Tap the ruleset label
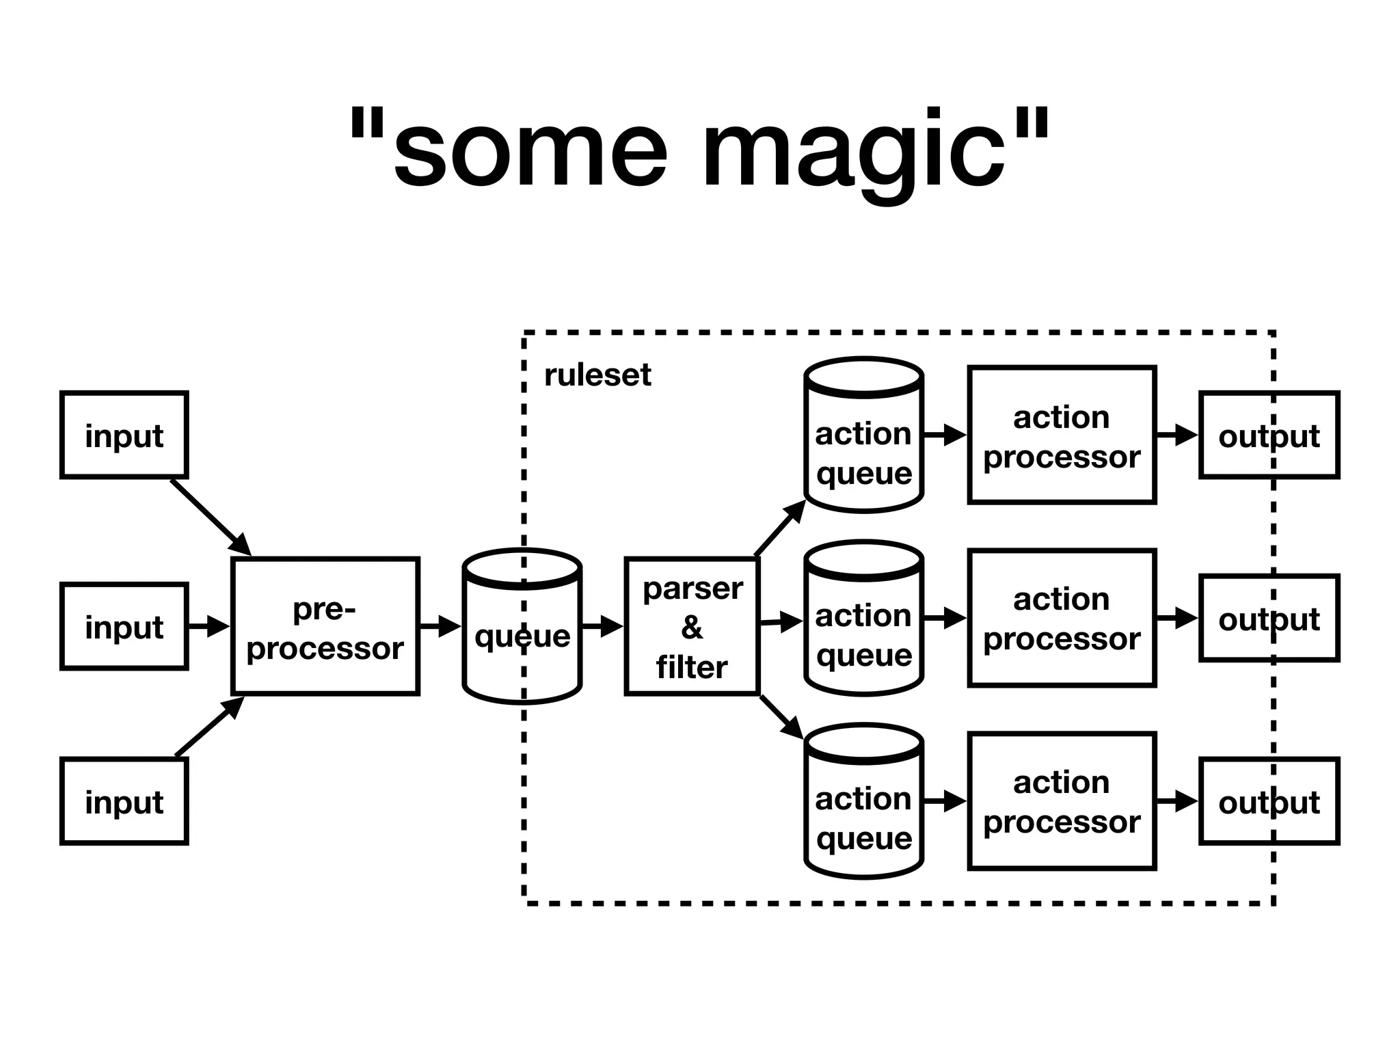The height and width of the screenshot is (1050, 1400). point(597,375)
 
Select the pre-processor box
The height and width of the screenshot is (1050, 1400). point(325,627)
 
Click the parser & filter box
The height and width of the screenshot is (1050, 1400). point(692,627)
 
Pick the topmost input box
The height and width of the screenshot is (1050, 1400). point(124,435)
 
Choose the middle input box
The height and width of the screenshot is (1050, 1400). point(124,626)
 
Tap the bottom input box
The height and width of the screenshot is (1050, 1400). point(124,801)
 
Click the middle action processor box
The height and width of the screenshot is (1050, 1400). point(1062,618)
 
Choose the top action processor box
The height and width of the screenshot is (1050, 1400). point(1062,435)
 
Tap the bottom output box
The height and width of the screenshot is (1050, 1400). point(1269,801)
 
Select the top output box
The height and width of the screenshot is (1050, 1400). point(1269,435)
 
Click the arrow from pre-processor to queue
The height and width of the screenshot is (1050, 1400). point(440,625)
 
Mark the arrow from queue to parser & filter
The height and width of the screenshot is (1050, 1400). point(602,625)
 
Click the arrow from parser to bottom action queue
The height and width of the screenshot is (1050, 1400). point(782,717)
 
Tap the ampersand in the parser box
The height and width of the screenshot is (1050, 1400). point(692,628)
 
